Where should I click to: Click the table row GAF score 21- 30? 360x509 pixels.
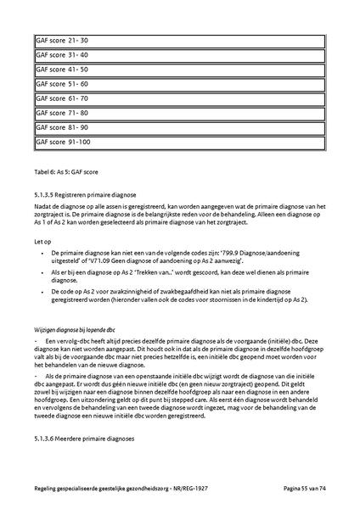[x=179, y=40]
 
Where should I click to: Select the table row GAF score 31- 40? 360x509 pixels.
[x=179, y=54]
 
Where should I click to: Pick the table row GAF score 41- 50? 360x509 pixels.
[x=179, y=70]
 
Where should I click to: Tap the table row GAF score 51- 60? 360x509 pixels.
[x=179, y=84]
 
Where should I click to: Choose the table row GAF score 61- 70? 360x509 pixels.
[x=179, y=98]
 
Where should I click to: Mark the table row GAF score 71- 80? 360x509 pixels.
[x=179, y=113]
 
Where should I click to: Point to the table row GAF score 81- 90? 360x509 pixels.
[x=179, y=127]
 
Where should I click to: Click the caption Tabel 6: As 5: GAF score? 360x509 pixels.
[x=72, y=172]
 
